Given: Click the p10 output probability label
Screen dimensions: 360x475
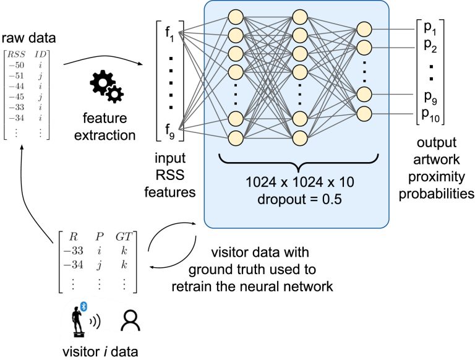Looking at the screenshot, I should (x=430, y=113).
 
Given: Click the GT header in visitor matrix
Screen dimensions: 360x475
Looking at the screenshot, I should (x=125, y=235).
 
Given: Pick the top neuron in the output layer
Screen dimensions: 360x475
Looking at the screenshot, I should (x=364, y=29).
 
